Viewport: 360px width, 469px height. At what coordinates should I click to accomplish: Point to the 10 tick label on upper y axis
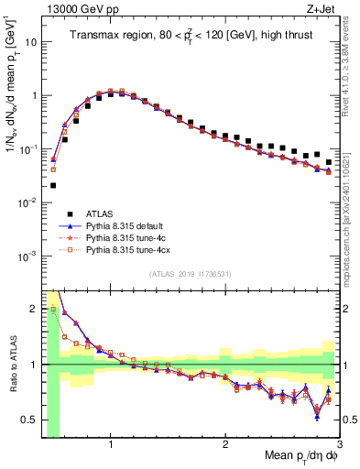(30, 42)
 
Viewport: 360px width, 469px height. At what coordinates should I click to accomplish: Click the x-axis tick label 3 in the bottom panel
(339, 445)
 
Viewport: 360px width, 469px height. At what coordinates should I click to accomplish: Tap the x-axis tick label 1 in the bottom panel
(111, 445)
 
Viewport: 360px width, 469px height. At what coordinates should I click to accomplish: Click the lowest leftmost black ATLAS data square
(53, 185)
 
